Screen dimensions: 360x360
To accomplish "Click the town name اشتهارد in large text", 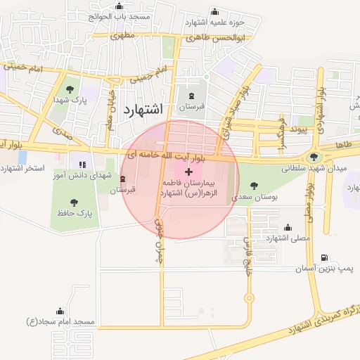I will pyautogui.click(x=142, y=110).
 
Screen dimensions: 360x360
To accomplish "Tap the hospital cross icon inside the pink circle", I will pyautogui.click(x=188, y=172).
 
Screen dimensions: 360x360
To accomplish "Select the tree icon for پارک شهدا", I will pyautogui.click(x=70, y=89).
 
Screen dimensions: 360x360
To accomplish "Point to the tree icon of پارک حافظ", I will pyautogui.click(x=75, y=202).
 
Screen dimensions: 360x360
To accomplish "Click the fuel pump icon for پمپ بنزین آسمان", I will pyautogui.click(x=323, y=258).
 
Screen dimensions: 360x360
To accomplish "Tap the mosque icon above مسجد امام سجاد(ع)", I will pyautogui.click(x=60, y=311).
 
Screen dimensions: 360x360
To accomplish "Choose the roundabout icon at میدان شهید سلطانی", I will pyautogui.click(x=314, y=157).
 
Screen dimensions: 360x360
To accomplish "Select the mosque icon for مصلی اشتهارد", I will pyautogui.click(x=288, y=227).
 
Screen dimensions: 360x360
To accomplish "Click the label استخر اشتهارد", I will pyautogui.click(x=23, y=169).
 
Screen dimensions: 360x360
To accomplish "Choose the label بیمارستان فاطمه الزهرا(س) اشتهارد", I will pyautogui.click(x=189, y=187).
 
